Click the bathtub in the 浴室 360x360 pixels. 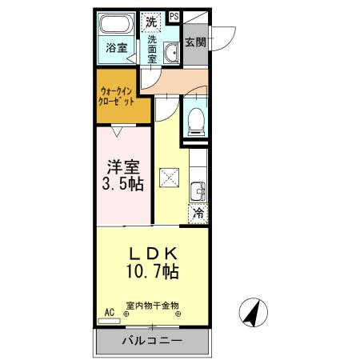tap(118, 24)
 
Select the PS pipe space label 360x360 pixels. tap(174, 16)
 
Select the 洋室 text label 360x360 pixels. tap(124, 168)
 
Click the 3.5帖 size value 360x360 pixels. tap(124, 185)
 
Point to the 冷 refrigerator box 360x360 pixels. tap(197, 214)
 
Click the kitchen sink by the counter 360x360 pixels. tap(197, 192)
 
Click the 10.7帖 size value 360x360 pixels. tap(153, 272)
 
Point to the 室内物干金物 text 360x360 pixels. tap(152, 306)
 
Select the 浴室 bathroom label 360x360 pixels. tap(117, 48)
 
